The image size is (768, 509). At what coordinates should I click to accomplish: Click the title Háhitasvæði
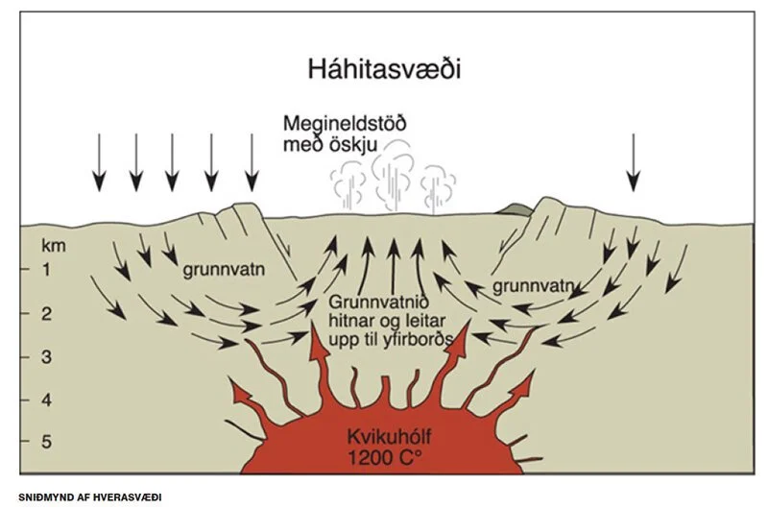pos(384,69)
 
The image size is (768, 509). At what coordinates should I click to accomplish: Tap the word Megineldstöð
pos(345,123)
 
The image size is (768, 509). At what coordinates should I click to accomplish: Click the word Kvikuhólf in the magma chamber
pos(390,437)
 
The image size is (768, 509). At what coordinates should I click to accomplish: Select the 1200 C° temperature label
pos(385,457)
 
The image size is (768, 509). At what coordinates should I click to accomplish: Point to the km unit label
pos(54,246)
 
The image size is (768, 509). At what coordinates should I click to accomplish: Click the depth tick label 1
pos(46,269)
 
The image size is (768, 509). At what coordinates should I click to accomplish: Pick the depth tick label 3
pos(46,356)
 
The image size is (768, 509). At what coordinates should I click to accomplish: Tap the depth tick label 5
pos(46,442)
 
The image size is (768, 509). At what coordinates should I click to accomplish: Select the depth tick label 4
pos(46,400)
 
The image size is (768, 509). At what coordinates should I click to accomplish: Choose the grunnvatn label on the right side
pos(533,285)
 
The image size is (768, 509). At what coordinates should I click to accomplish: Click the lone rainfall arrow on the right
pos(634,162)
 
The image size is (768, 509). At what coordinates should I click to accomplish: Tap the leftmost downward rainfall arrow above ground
pos(100,162)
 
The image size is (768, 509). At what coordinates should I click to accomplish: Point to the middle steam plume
pos(393,176)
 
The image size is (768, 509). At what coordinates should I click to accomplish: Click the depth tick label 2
pos(46,313)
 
